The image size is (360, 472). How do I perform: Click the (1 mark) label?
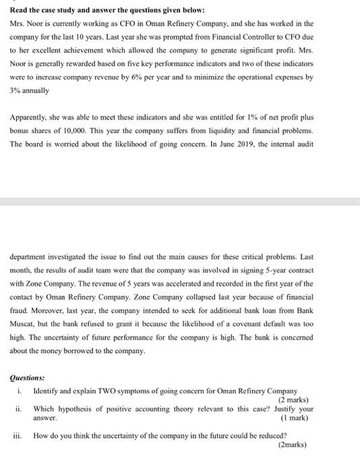click(294, 418)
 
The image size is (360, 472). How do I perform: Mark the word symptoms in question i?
click(137, 391)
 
